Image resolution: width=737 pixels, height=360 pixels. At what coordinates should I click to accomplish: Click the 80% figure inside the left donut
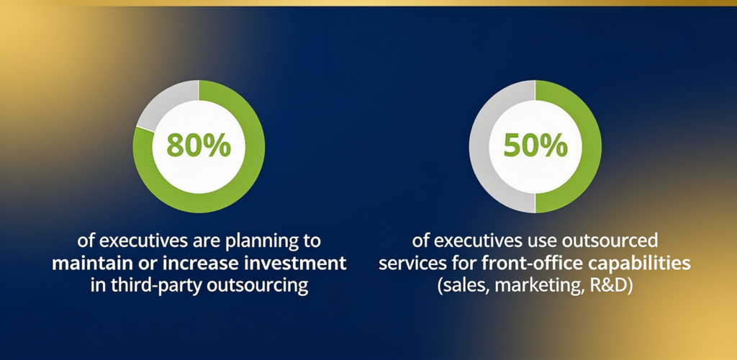click(199, 146)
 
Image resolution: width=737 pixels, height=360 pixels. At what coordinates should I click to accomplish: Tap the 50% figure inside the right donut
click(535, 146)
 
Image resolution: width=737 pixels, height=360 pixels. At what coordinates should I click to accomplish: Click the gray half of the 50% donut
click(479, 147)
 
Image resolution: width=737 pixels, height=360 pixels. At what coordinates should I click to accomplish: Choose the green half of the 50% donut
click(592, 147)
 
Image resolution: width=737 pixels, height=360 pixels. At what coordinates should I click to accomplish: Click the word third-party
click(158, 286)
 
